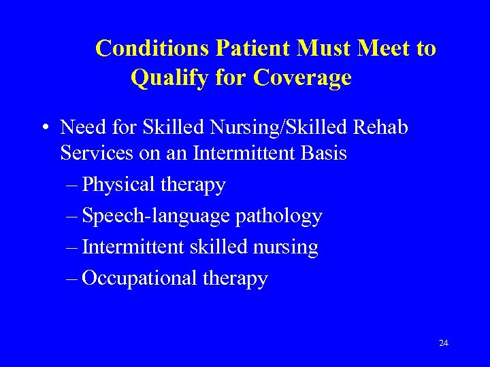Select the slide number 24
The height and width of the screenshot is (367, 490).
(444, 343)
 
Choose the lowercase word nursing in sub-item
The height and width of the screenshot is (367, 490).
(289, 247)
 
